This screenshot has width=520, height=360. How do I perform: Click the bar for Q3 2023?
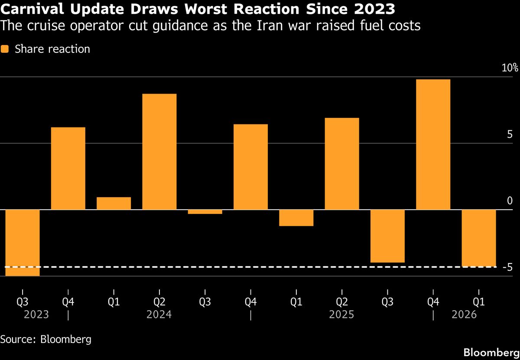(23, 243)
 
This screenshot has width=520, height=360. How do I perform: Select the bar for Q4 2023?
(68, 169)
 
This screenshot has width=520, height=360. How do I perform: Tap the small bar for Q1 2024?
(114, 204)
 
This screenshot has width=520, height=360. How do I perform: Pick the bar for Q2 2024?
(159, 152)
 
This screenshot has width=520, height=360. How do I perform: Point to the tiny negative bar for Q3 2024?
(205, 212)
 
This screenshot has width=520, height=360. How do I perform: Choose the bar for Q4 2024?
(250, 167)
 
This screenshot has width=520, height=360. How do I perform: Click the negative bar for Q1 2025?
(296, 218)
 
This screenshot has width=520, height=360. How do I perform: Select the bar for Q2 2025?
(341, 164)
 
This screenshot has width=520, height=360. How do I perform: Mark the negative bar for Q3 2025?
(387, 236)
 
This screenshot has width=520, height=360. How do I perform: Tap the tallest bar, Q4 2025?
(432, 144)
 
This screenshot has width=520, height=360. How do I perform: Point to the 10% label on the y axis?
(510, 68)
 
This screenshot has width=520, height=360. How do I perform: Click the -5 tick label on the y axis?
(508, 267)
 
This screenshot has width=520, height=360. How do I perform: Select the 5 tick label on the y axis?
(510, 135)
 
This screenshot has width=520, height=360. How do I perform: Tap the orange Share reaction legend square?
(5, 49)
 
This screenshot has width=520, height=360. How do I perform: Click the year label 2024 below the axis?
(159, 314)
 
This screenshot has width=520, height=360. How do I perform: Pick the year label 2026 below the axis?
(464, 314)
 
